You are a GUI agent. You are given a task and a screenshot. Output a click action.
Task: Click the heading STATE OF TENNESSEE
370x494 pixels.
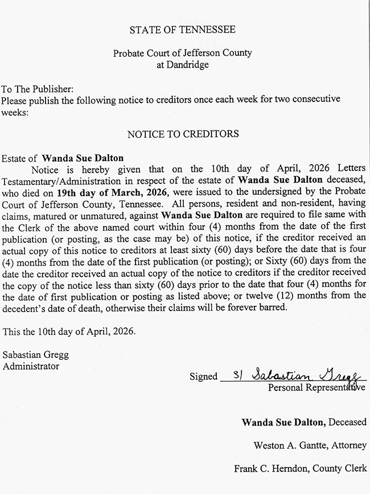[182, 30]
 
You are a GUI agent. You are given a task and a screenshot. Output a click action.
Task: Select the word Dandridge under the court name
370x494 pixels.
[182, 65]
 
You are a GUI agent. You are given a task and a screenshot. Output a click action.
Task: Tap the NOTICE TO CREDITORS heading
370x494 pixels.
[183, 134]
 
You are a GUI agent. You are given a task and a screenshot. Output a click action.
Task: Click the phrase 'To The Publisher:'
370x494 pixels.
[38, 89]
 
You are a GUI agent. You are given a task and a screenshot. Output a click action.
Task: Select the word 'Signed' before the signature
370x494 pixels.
[204, 377]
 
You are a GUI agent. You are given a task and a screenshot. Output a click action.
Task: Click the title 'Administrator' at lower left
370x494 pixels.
[31, 366]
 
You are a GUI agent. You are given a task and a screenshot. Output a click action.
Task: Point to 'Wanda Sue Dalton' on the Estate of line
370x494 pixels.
[83, 158]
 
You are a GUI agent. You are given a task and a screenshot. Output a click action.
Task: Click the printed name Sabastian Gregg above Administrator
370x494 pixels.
[35, 355]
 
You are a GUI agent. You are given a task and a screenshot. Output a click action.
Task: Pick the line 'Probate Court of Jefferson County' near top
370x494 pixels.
[182, 54]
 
